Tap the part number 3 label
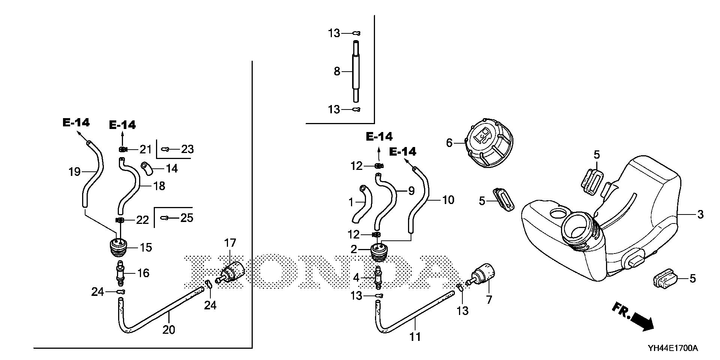coord(700,214)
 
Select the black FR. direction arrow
coord(642,321)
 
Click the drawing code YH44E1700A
coord(672,348)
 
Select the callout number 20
coord(169,330)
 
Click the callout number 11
coord(415,336)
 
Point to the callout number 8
coord(337,71)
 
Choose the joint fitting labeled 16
coord(120,273)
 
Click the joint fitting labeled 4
coord(378,278)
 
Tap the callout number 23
coord(187,149)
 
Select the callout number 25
coord(187,217)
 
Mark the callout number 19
coord(75,172)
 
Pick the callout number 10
coord(448,200)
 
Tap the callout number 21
coord(145,149)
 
